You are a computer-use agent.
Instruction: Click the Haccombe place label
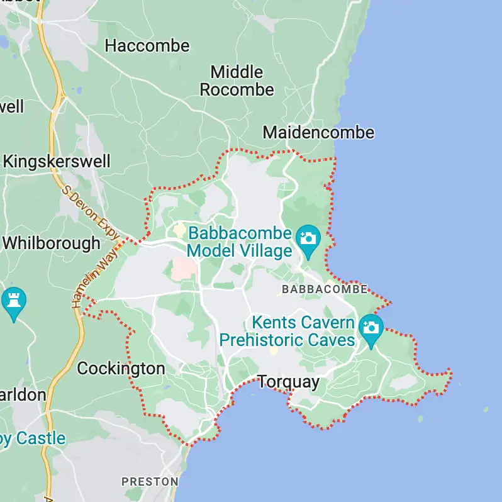coord(147,45)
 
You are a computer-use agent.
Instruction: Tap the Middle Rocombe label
coord(237,81)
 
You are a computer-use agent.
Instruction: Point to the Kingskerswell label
coord(56,162)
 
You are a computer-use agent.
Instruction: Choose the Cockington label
coord(121,369)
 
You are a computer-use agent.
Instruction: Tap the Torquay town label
coord(289,382)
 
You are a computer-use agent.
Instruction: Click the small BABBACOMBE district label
coord(325,289)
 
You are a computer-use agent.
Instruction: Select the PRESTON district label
coord(150,481)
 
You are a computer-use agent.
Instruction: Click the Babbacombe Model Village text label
coord(240,242)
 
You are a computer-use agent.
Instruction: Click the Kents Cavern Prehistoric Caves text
coord(287,332)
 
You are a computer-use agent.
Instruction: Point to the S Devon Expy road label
coord(91,211)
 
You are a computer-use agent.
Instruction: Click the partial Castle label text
coord(31,438)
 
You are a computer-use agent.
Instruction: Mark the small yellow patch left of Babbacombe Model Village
coord(180,230)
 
